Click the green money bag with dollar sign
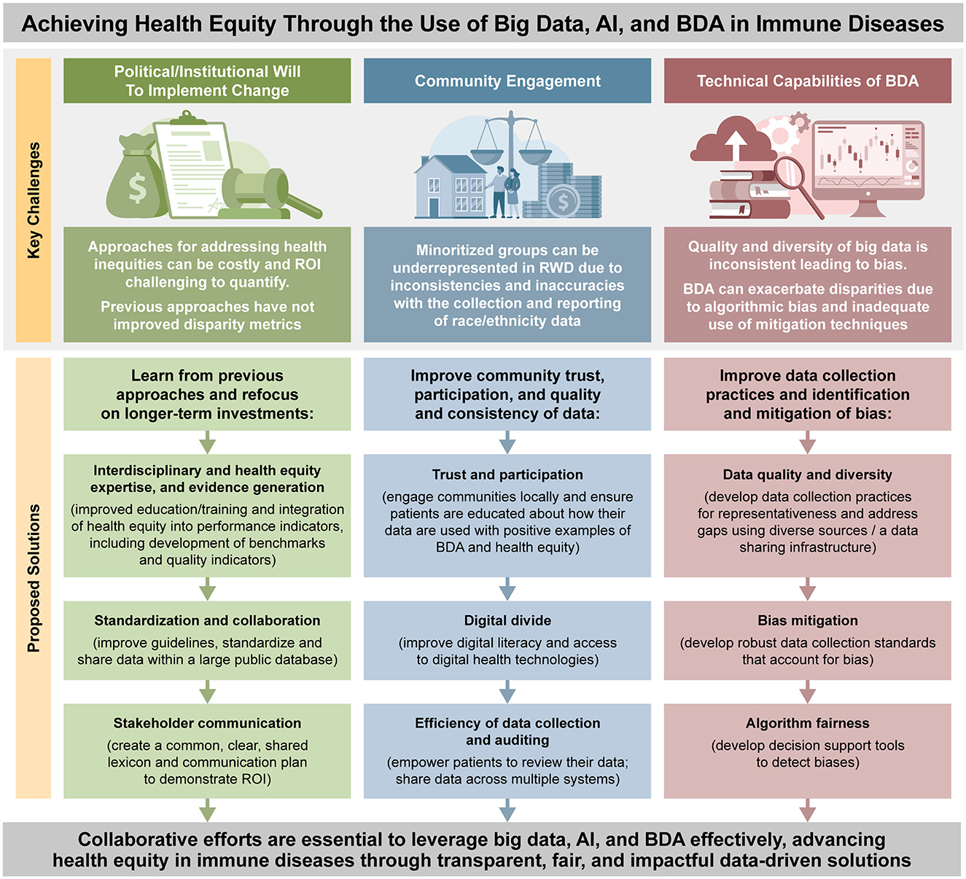137,185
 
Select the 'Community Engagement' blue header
507,81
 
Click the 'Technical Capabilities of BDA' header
807,81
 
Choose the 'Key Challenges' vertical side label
34,200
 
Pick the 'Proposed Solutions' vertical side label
34,577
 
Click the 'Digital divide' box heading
507,620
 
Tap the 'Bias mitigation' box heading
807,620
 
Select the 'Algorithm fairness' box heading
807,723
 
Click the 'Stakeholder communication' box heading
207,723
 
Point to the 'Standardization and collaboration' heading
207,620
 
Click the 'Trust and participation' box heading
507,474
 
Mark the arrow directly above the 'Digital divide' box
507,589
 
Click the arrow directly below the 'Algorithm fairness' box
807,810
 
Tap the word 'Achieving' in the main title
66,24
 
